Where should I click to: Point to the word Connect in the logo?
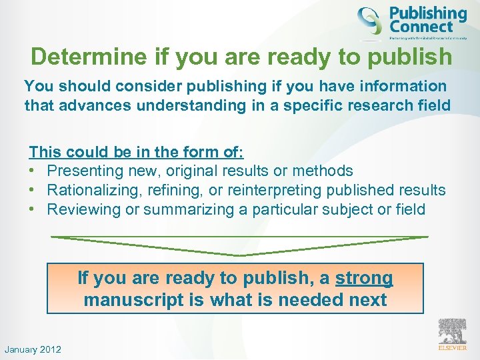pyautogui.click(x=421, y=28)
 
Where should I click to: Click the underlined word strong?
pyautogui.click(x=364, y=278)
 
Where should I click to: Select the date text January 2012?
pyautogui.click(x=33, y=349)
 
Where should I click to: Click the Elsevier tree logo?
pyautogui.click(x=451, y=331)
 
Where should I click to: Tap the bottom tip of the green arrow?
pyautogui.click(x=240, y=255)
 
